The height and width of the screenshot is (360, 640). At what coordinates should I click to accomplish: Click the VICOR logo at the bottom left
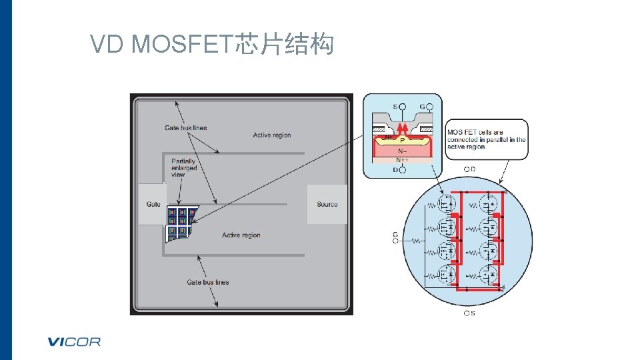click(74, 342)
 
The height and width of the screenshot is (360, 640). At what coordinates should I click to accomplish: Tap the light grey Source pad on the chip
click(327, 204)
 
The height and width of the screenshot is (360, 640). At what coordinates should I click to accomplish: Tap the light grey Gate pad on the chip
click(153, 204)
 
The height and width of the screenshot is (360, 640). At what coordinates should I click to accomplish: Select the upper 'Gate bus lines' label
click(185, 128)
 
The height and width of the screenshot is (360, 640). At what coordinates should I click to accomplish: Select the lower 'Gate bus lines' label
click(207, 282)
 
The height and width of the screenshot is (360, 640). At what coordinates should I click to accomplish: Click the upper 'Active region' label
click(272, 135)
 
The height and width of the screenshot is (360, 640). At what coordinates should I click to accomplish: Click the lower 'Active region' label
click(241, 235)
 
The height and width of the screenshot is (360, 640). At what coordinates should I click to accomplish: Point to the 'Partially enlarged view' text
click(183, 167)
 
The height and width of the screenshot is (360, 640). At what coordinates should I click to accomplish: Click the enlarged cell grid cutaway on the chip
click(181, 223)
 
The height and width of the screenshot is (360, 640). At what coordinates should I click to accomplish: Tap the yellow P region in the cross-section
click(402, 141)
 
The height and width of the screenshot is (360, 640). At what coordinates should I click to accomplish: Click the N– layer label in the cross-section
click(402, 151)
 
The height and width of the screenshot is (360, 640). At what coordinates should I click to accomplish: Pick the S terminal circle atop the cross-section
click(402, 107)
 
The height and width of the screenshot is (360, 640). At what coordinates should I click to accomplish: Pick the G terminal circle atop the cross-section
click(430, 107)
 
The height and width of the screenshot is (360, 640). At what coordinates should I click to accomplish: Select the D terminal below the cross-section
click(401, 170)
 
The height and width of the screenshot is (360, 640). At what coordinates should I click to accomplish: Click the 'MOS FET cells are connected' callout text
click(486, 139)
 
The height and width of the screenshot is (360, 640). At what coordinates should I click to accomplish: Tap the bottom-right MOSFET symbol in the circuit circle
click(491, 274)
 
